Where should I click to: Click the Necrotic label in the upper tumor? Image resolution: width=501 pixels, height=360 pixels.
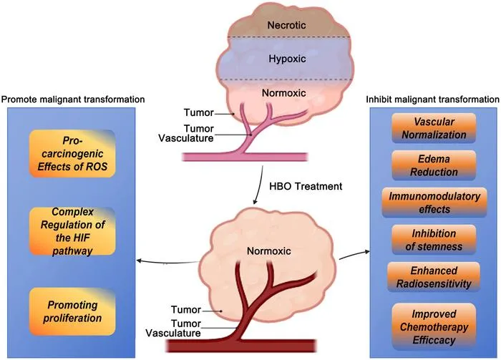coord(286,25)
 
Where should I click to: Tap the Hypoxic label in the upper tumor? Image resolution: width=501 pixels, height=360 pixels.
coord(287,59)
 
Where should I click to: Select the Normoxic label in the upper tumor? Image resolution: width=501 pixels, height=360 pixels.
coord(284,93)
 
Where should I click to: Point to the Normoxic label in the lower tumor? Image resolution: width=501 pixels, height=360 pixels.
coord(268,250)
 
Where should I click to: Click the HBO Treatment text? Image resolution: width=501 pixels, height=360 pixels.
coord(306,186)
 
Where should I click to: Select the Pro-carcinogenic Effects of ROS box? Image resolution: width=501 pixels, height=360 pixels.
coord(72,154)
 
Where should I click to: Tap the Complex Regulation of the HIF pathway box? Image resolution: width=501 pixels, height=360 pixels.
coord(72,231)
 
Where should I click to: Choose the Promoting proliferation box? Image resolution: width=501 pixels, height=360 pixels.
coord(72,311)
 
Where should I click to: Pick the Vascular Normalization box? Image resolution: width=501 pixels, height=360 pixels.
coord(434,128)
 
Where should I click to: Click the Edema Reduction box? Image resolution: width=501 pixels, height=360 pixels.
coord(434,165)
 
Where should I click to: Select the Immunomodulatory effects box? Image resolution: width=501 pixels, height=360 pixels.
coord(434,203)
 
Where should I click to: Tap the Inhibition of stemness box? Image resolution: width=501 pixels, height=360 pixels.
coord(434,240)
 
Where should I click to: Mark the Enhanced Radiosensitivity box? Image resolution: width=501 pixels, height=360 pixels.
coord(434,277)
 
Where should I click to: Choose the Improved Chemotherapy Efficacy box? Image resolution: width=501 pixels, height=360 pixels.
coord(434,327)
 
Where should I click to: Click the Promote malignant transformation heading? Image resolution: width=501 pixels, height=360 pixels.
coord(73,99)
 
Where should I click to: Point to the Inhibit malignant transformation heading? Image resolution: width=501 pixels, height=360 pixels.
coord(432,99)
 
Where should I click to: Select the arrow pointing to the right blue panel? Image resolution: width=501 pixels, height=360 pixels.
coord(354,255)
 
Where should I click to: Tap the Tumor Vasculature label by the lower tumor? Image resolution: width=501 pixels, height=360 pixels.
coord(173,328)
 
